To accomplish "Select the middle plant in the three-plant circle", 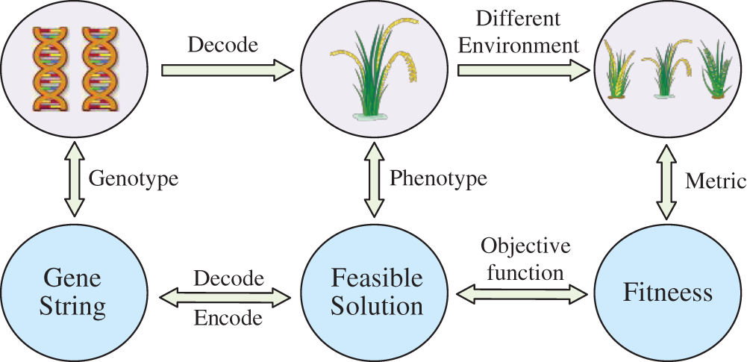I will (x=666, y=71).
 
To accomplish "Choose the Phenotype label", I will (x=438, y=178).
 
